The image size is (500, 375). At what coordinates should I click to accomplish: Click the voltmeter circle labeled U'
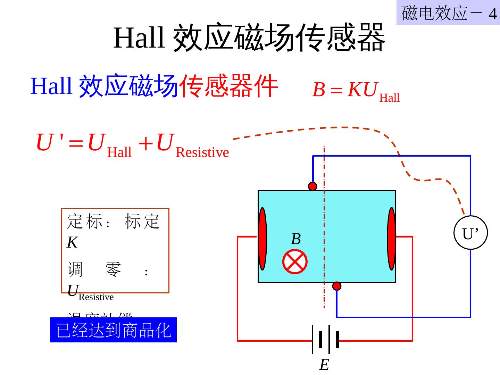coord(470,233)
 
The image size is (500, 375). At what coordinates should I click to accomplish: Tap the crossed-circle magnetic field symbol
coord(295,261)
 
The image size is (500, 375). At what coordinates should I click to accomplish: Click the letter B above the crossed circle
coord(296,239)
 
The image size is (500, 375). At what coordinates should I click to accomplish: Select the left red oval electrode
coord(262,239)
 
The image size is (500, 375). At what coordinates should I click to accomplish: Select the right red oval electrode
coord(392,239)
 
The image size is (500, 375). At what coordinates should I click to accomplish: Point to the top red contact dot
coord(312,186)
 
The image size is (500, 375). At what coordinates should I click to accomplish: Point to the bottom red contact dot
coord(337,286)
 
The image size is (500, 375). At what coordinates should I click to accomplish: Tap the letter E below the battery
coord(324,365)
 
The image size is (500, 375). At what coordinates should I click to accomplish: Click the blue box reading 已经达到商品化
coord(113,330)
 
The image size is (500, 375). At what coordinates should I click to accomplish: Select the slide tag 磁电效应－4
coord(448,13)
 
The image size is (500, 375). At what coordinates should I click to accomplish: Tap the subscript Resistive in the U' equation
coord(202,152)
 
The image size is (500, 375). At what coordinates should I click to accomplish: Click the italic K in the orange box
coord(72,242)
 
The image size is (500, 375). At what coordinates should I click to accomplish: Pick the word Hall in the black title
coord(139,37)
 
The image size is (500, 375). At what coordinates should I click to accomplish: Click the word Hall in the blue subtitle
coord(51,86)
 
